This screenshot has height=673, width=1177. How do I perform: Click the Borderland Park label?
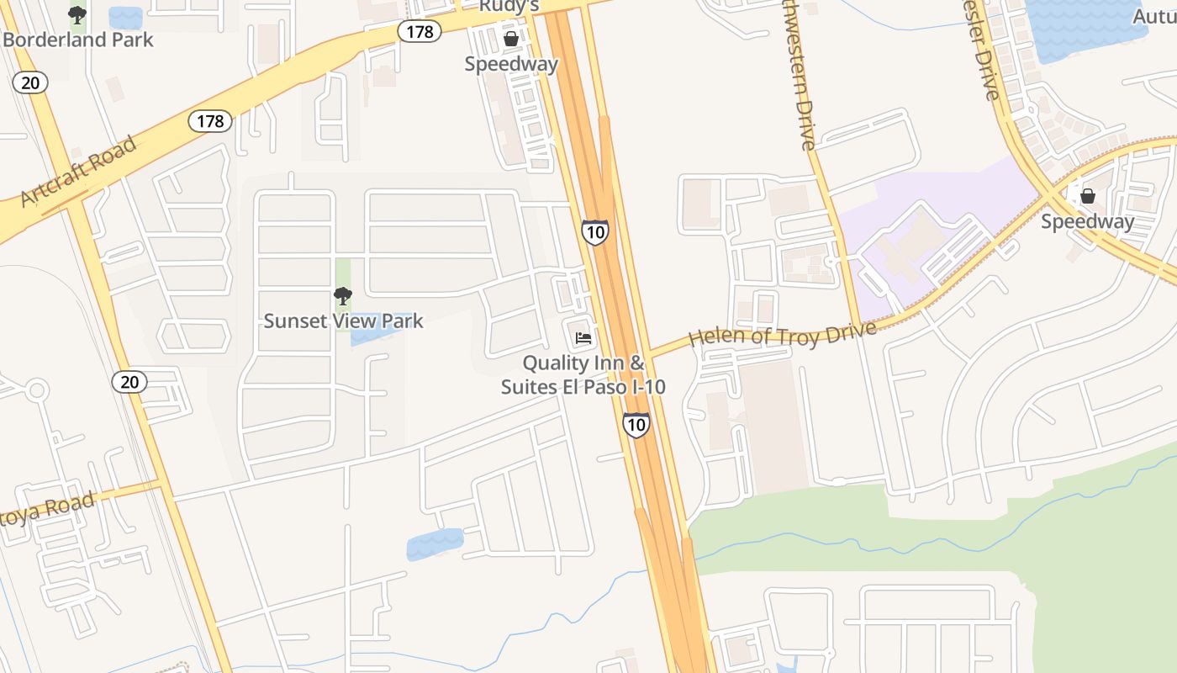pos(78,40)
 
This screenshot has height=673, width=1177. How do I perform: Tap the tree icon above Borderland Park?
pos(77,14)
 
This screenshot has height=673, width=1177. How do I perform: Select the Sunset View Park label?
pos(343,321)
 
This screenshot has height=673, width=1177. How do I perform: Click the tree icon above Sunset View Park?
pos(342,295)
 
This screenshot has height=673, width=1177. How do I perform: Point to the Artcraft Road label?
pos(77,171)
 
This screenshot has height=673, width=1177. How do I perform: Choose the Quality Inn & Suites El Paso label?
pos(583,375)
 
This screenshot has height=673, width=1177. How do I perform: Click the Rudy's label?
pos(508,7)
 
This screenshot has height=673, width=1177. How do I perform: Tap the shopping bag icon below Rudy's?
pos(510,39)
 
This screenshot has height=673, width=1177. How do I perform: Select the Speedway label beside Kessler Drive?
pos(1087,221)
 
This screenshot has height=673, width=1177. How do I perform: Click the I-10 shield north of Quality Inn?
pos(594,231)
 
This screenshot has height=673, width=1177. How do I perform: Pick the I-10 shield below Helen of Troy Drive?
pos(636,424)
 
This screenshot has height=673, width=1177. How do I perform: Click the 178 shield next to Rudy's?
pos(420,32)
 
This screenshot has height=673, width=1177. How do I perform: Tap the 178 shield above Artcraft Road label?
pos(210,121)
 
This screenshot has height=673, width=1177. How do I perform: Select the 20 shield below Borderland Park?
pos(30,82)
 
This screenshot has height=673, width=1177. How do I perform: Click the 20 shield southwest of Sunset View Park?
pos(129,382)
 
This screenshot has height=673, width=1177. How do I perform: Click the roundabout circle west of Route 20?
pos(35,390)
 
